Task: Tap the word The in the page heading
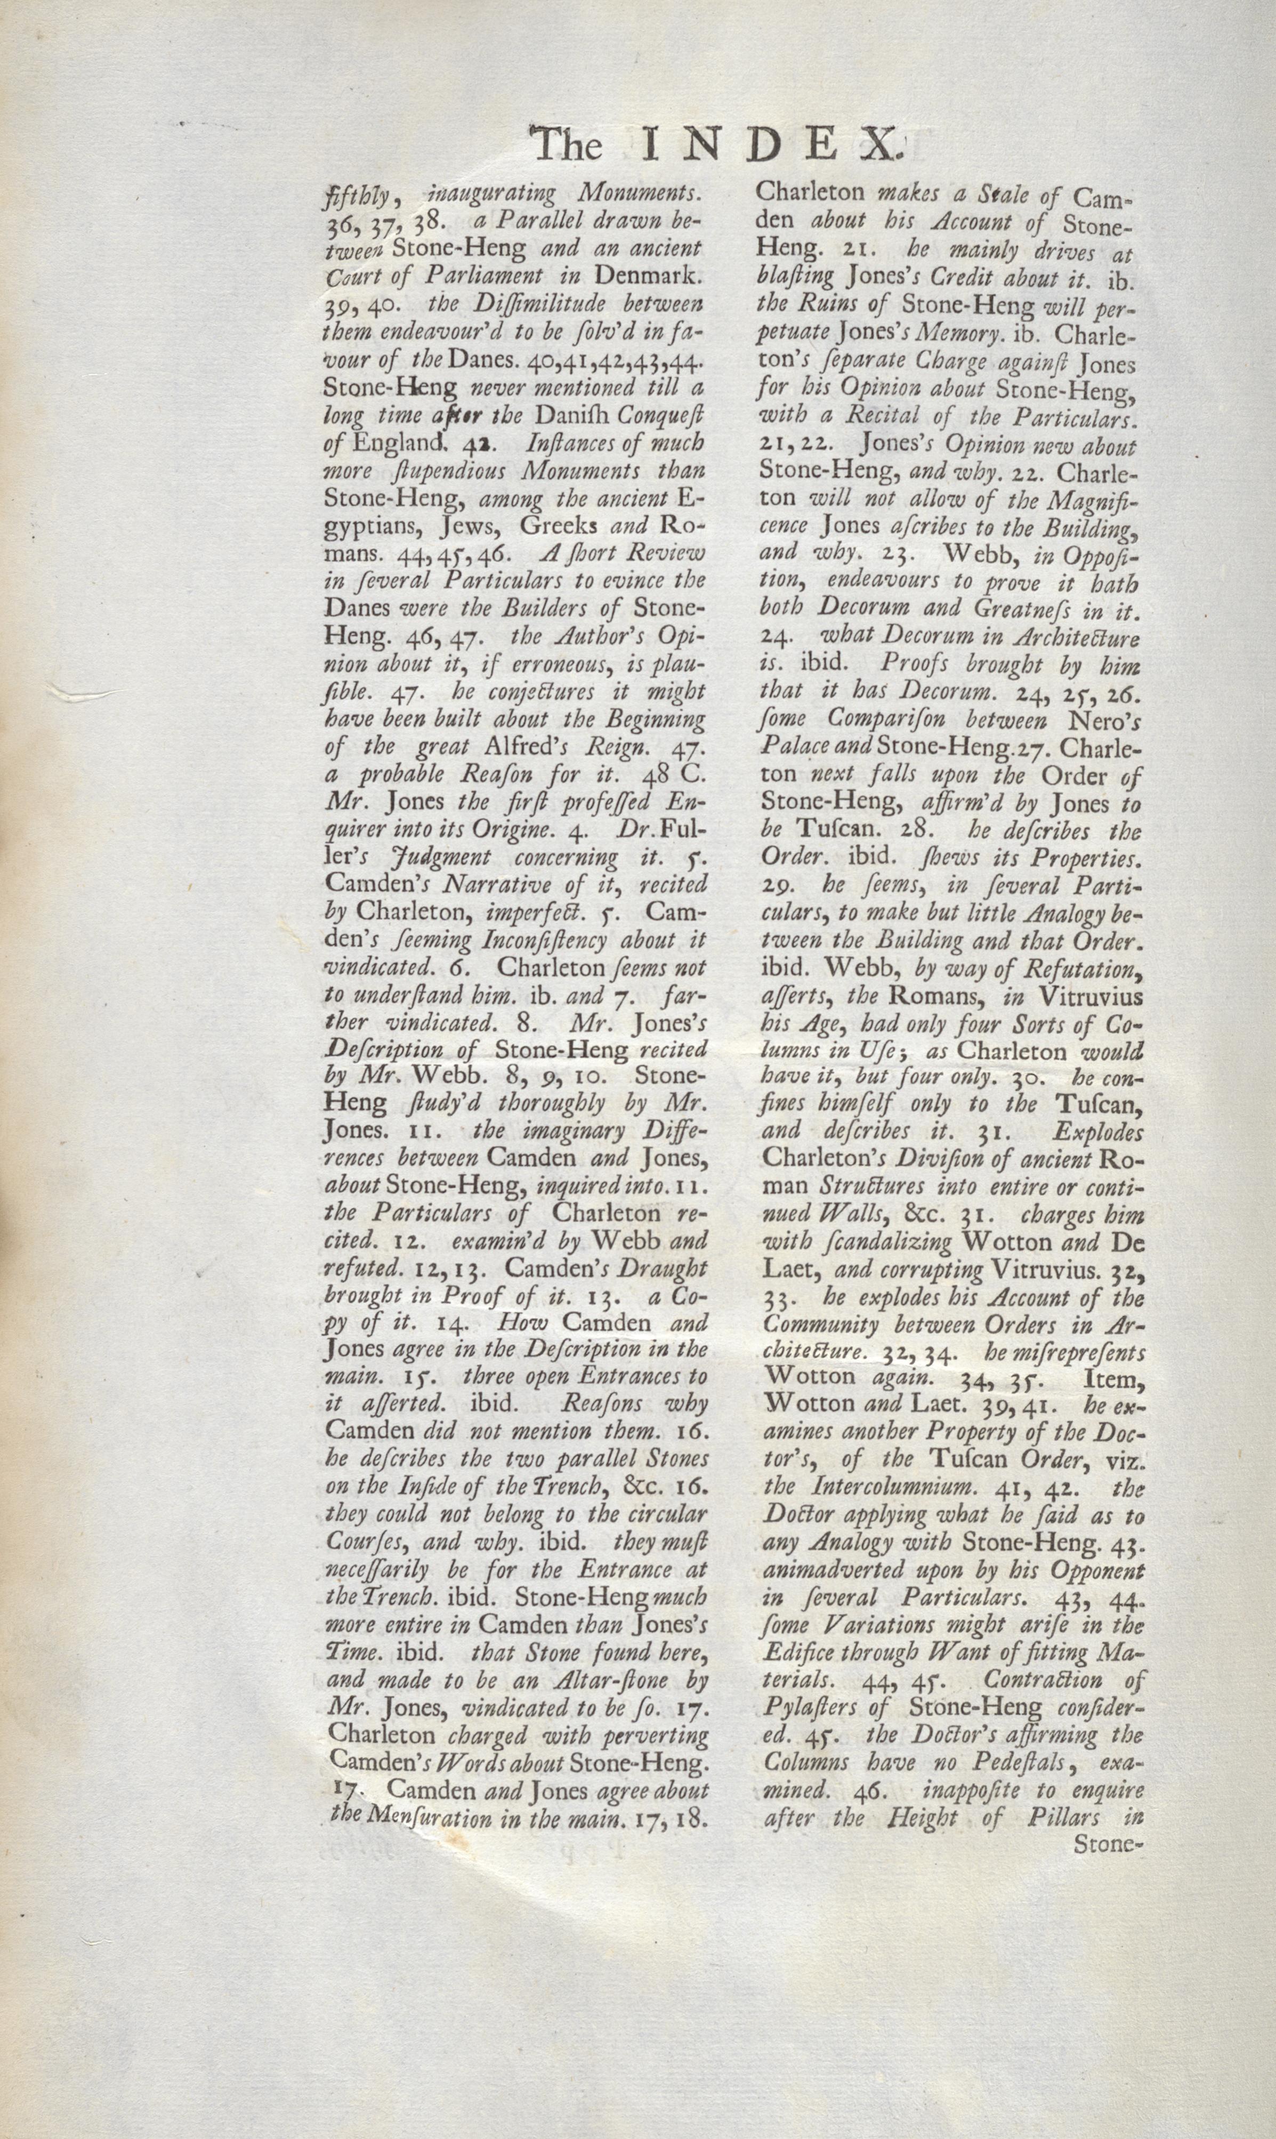click(x=568, y=144)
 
